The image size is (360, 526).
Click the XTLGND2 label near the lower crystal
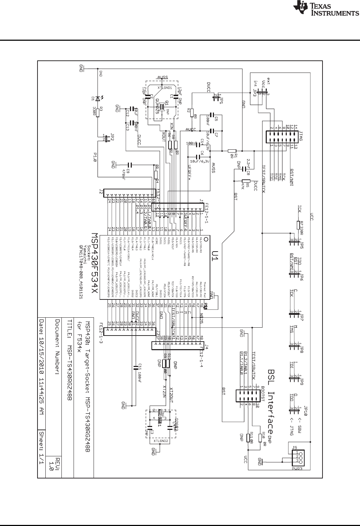click(x=161, y=440)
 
